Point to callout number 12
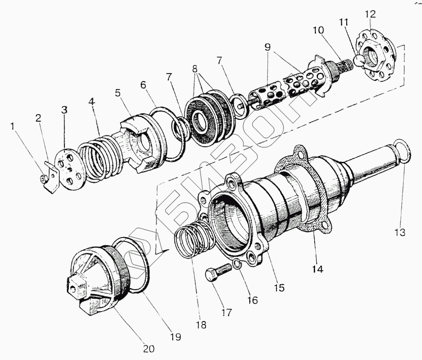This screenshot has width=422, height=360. point(371,14)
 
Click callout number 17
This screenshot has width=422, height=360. point(227,312)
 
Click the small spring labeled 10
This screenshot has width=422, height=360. point(345,68)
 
